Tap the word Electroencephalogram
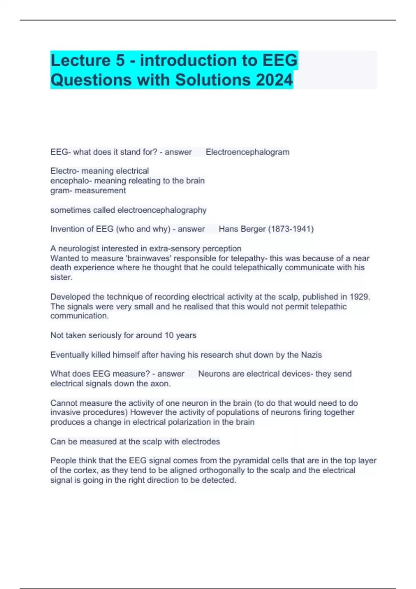pos(248,152)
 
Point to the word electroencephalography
pos(162,210)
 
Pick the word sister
pos(61,277)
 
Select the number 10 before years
pos(169,335)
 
